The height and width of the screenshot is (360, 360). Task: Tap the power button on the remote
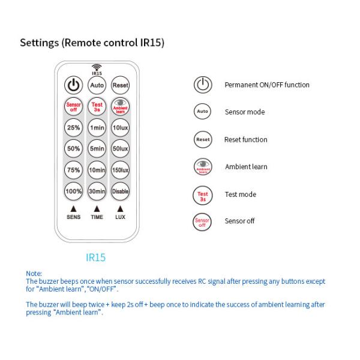(73, 85)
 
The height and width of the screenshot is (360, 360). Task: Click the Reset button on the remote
(121, 85)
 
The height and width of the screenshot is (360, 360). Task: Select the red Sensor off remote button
(73, 107)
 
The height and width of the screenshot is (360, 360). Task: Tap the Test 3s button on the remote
(97, 107)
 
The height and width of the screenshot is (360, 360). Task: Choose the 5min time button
(97, 149)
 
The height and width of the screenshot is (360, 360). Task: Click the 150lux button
(121, 170)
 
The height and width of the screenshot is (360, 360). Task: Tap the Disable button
(121, 191)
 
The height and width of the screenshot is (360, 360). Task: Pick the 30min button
(97, 191)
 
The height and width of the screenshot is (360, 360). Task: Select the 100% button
(73, 191)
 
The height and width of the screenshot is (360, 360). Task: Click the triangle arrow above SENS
(73, 209)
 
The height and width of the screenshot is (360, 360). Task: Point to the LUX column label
(121, 217)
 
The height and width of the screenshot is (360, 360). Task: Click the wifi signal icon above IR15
(97, 67)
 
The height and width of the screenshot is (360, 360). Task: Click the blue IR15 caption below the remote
(96, 257)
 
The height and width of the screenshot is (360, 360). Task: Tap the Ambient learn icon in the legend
(203, 167)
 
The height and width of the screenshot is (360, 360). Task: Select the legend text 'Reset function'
(245, 140)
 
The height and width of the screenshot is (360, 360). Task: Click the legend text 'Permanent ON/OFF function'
(267, 85)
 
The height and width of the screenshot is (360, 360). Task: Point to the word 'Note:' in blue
(34, 274)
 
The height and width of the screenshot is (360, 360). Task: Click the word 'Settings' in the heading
(39, 43)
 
